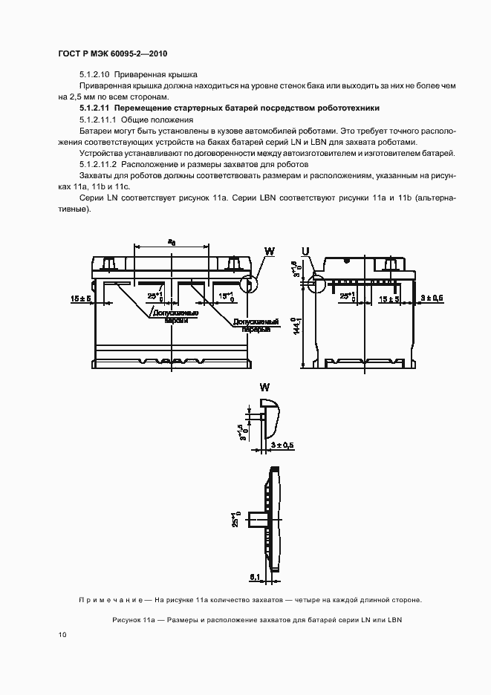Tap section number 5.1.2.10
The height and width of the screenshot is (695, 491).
[x=98, y=75]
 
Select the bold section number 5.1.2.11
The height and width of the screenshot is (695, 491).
[x=98, y=108]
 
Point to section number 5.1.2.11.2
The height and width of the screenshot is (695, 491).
[x=101, y=163]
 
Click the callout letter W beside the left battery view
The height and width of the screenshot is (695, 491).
[x=270, y=252]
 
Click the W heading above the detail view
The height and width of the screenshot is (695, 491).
[x=264, y=387]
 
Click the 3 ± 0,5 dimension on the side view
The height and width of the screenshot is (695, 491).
[x=433, y=298]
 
